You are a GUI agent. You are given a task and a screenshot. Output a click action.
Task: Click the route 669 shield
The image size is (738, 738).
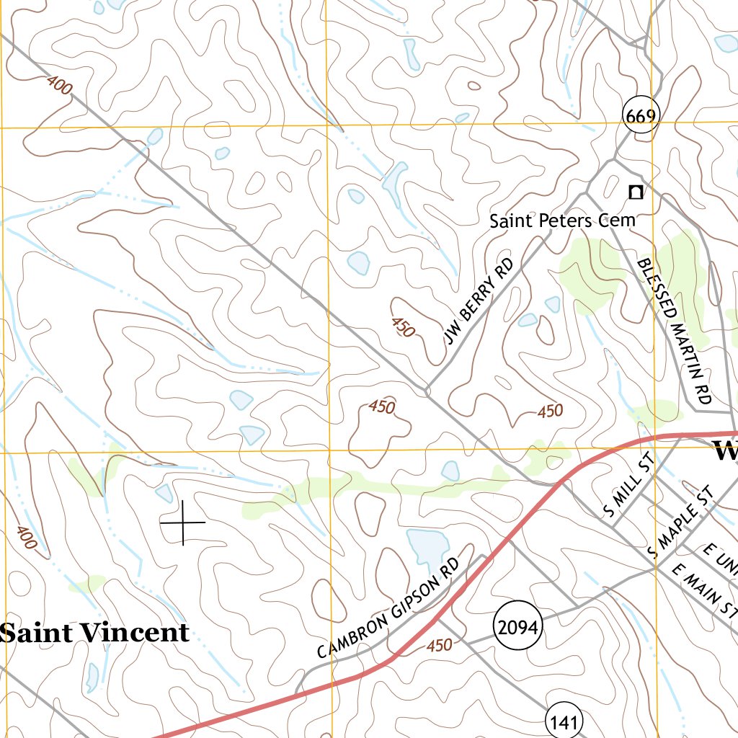coord(641,116)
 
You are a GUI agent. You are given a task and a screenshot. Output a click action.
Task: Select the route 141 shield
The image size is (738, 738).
coord(563,721)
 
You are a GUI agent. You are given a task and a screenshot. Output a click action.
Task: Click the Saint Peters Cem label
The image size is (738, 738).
coord(562,221)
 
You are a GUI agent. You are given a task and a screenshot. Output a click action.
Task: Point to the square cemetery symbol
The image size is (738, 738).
coord(635,192)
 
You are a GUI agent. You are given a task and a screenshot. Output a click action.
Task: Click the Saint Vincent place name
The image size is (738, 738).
coord(95,633)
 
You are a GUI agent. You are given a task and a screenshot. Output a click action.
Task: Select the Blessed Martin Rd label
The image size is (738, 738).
coord(675,331)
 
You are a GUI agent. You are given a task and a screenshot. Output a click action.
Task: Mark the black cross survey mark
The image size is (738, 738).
coord(182,521)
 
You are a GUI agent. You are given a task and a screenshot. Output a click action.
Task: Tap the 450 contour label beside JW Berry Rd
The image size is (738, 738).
coord(403,327)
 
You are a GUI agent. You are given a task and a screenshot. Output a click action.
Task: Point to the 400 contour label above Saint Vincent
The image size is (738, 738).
coord(26,538)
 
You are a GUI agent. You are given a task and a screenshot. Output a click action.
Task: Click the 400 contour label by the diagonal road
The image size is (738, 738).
coord(59,86)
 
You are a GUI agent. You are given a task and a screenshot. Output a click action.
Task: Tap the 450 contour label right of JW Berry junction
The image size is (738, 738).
coord(550,412)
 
